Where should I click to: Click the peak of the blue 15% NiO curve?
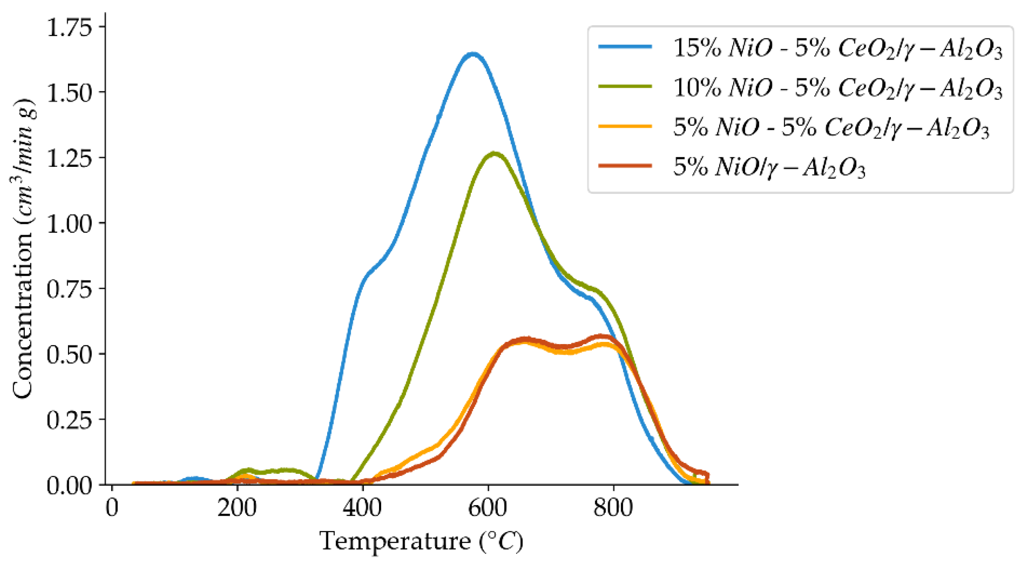click(473, 54)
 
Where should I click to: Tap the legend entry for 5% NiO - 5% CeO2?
click(830, 127)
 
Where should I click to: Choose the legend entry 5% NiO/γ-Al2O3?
click(768, 167)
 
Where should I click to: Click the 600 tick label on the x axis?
click(487, 508)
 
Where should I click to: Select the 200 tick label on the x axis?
click(237, 508)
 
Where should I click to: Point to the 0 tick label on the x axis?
click(112, 508)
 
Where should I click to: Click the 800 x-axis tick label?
click(613, 508)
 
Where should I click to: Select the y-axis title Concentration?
click(23, 248)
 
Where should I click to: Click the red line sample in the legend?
click(625, 166)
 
